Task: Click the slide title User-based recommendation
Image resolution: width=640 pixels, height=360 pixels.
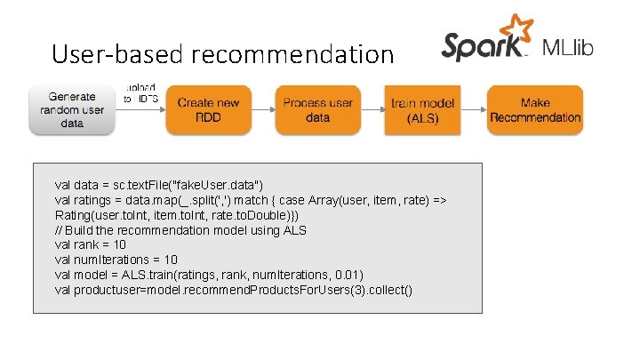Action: click(x=222, y=55)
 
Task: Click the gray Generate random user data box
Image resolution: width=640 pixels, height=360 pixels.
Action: click(x=72, y=110)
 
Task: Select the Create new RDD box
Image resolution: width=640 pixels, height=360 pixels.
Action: click(x=209, y=110)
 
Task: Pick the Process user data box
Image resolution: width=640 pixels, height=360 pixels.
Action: click(x=317, y=110)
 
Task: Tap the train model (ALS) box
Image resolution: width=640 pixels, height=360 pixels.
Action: click(x=423, y=110)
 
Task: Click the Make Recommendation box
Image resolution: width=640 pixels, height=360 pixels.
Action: click(x=535, y=110)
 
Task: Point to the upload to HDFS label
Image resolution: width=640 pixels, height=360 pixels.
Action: click(x=141, y=93)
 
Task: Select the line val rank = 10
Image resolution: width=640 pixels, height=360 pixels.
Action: click(x=91, y=244)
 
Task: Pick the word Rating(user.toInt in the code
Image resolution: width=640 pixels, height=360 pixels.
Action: click(x=97, y=215)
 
